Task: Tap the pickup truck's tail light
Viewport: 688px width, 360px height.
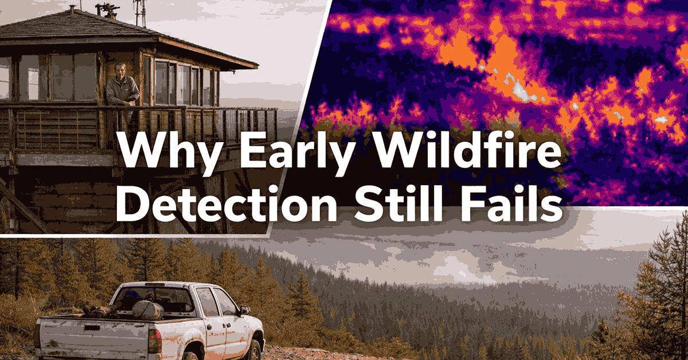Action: (x=154, y=341)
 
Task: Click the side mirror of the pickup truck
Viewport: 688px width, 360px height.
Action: (x=244, y=310)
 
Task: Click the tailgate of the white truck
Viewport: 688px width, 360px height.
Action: (x=92, y=338)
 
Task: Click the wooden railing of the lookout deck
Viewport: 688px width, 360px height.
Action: (x=138, y=126)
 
